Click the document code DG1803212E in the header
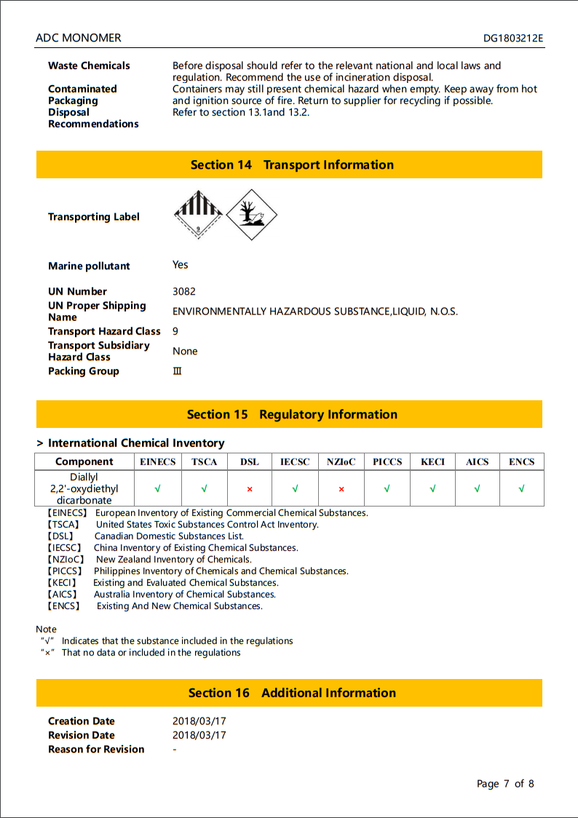pos(513,38)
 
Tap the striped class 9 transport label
pos(197,214)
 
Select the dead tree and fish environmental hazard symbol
pos(251,215)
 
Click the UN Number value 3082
pos(184,291)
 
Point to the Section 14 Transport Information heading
pos(292,165)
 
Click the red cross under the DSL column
pos(249,489)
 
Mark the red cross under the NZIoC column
pos(341,489)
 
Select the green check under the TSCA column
pos(204,489)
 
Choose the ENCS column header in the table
pos(521,461)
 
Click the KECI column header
pos(432,461)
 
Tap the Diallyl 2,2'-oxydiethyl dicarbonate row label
pos(84,488)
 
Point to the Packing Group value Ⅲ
pos(177,371)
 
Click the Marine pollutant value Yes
pos(181,265)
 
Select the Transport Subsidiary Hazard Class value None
pos(185,351)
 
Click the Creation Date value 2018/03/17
pos(199,721)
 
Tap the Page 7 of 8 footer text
pos(505,784)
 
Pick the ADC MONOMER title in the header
pos(79,38)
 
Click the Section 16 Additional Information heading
pos(292,693)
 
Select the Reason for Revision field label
pos(96,749)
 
